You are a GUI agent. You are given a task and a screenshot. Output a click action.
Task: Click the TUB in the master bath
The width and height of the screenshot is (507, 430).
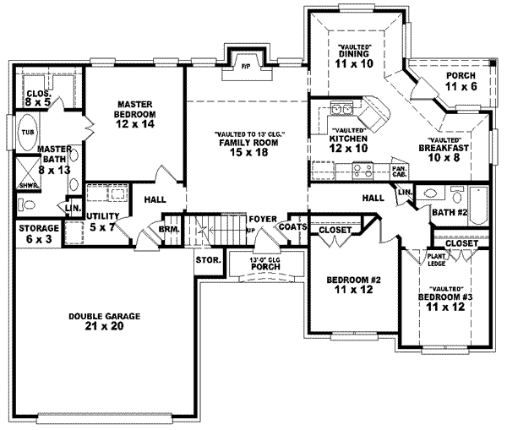click(27, 133)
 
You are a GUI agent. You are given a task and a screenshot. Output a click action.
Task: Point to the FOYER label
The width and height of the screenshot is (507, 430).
click(259, 220)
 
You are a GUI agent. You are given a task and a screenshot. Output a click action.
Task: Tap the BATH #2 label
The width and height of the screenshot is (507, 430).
click(450, 214)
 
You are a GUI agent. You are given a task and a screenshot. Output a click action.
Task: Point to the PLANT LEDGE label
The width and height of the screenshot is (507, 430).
click(436, 259)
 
